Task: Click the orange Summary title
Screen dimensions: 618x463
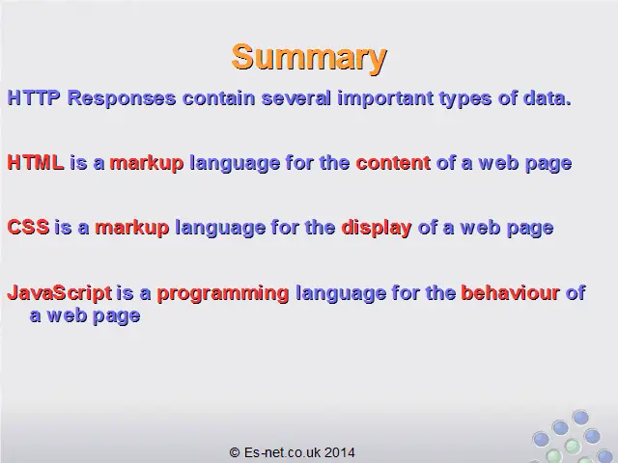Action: point(309,58)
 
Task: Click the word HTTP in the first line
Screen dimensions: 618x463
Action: point(34,97)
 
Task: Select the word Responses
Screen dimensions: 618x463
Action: point(122,98)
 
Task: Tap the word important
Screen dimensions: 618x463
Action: point(385,98)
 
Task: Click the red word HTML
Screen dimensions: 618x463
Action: point(36,163)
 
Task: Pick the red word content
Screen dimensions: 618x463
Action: point(393,163)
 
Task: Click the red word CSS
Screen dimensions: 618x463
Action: point(28,228)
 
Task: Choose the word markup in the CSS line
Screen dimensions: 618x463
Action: point(132,229)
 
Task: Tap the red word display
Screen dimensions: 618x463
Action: point(377,229)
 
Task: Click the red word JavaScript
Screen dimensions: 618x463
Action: point(60,293)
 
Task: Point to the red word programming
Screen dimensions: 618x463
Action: point(223,294)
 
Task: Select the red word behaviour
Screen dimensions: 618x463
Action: point(511,293)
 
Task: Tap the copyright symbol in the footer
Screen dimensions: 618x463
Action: point(235,452)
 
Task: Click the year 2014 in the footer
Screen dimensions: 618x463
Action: point(340,452)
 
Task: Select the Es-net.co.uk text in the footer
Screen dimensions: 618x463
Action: point(282,452)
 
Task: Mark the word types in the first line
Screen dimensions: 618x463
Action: point(465,99)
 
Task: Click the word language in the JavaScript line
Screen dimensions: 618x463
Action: point(341,294)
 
